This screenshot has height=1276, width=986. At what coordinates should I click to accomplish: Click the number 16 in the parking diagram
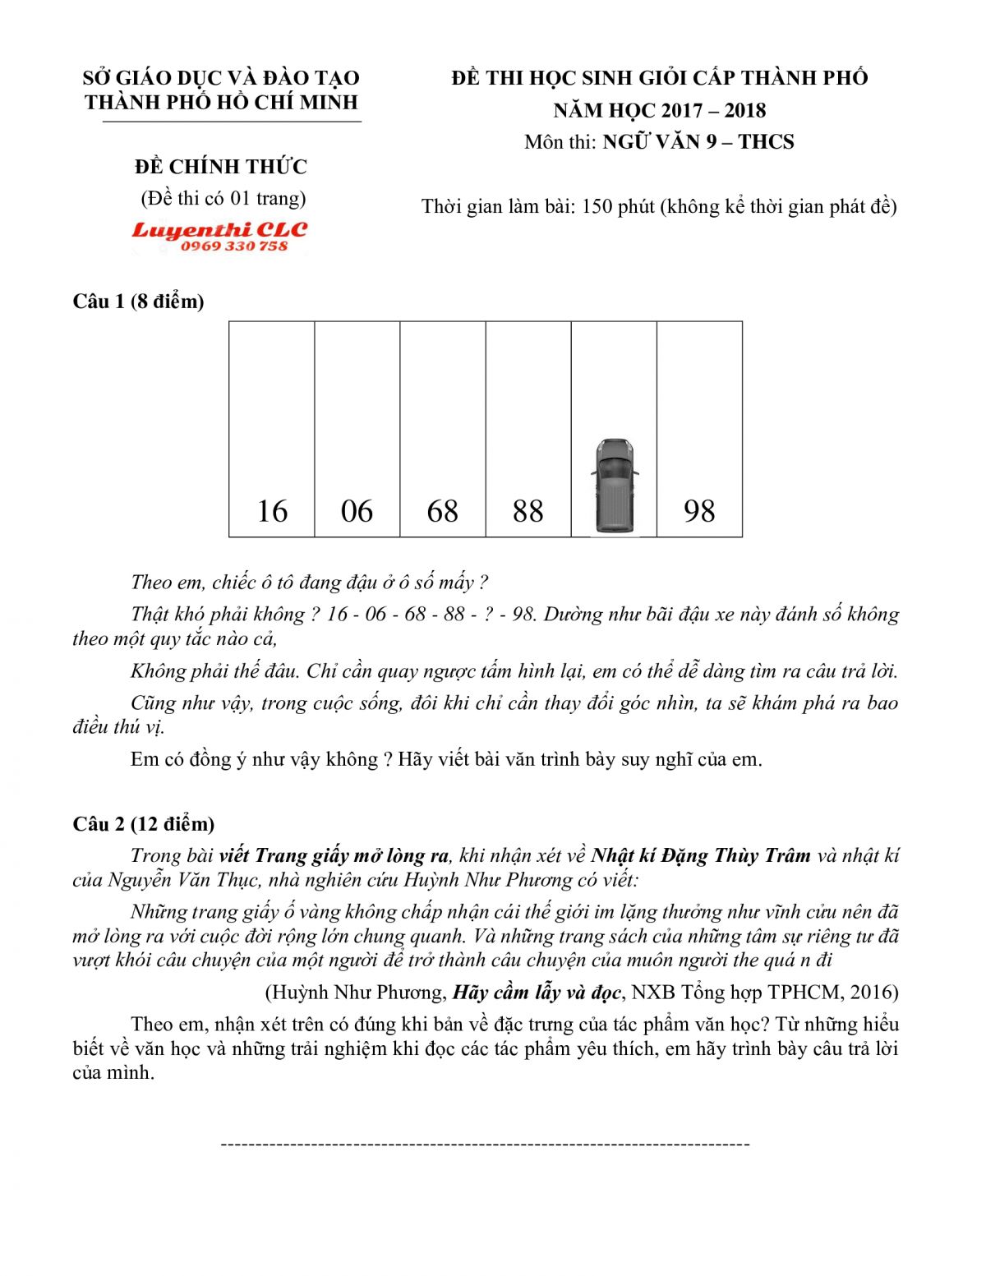(272, 511)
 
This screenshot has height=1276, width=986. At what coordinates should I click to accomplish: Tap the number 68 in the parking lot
(442, 511)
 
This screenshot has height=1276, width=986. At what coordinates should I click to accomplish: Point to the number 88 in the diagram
(528, 511)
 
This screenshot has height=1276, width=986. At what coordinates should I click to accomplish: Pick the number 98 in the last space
(699, 511)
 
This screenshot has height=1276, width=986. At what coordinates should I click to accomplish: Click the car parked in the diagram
(614, 485)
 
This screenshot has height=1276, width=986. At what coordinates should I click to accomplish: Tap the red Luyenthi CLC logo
(219, 230)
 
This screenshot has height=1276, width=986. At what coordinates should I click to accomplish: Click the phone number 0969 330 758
(234, 246)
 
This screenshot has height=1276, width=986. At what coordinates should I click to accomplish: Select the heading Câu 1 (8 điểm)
(138, 302)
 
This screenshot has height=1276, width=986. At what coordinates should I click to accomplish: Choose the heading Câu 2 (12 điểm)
(143, 824)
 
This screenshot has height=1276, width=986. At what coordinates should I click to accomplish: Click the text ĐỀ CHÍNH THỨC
(221, 167)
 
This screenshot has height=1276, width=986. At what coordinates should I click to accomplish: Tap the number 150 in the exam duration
(597, 206)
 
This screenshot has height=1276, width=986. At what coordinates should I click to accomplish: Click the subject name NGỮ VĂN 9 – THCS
(698, 142)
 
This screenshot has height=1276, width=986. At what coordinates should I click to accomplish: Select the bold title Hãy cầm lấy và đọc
(536, 993)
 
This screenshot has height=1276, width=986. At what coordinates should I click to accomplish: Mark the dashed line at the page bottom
(485, 1144)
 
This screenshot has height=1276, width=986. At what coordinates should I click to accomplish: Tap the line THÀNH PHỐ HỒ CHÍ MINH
(222, 103)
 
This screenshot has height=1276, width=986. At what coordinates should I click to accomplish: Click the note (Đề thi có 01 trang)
(223, 198)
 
